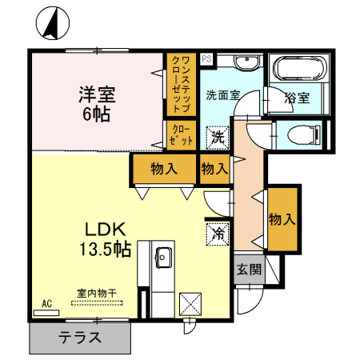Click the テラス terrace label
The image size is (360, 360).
coord(80,338)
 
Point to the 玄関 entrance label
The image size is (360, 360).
coord(248,269)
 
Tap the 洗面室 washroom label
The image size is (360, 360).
coord(223,95)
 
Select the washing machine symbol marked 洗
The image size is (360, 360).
coord(217,137)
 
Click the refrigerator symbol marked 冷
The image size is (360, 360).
coord(217,234)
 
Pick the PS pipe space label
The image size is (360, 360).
coord(206,59)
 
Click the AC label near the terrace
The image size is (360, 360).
coord(46,303)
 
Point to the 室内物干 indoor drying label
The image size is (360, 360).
coord(96,294)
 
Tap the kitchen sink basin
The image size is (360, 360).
coord(162,258)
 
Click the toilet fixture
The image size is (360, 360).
coord(302,133)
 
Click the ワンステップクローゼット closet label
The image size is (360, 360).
coord(181,82)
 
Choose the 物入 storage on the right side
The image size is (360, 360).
coord(282,218)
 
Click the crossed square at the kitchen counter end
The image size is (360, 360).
coord(190,304)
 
